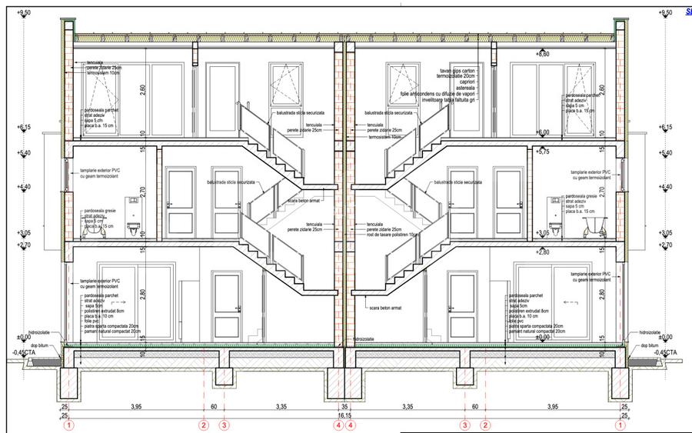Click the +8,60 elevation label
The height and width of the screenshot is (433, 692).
[543, 55]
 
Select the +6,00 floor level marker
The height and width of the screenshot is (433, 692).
[543, 132]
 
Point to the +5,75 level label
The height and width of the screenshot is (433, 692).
[543, 152]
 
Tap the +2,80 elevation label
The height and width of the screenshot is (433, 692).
[543, 251]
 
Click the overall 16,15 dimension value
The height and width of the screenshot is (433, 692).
[344, 415]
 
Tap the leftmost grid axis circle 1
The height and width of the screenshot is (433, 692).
[70, 424]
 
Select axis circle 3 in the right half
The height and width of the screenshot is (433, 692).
[464, 424]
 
